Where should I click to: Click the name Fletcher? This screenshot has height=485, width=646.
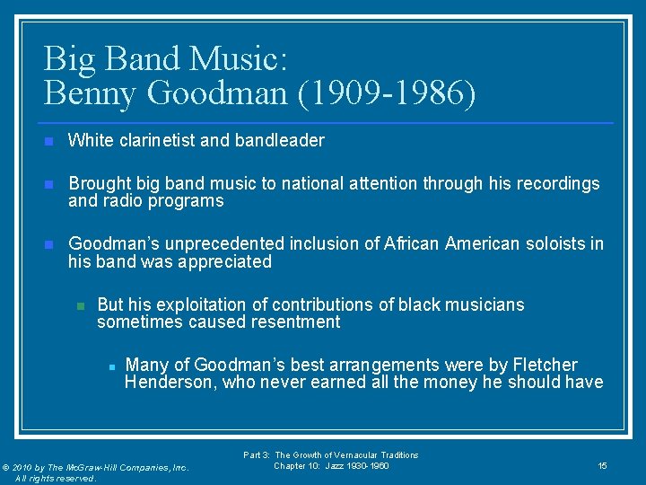545,365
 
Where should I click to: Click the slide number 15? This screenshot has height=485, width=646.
602,465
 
